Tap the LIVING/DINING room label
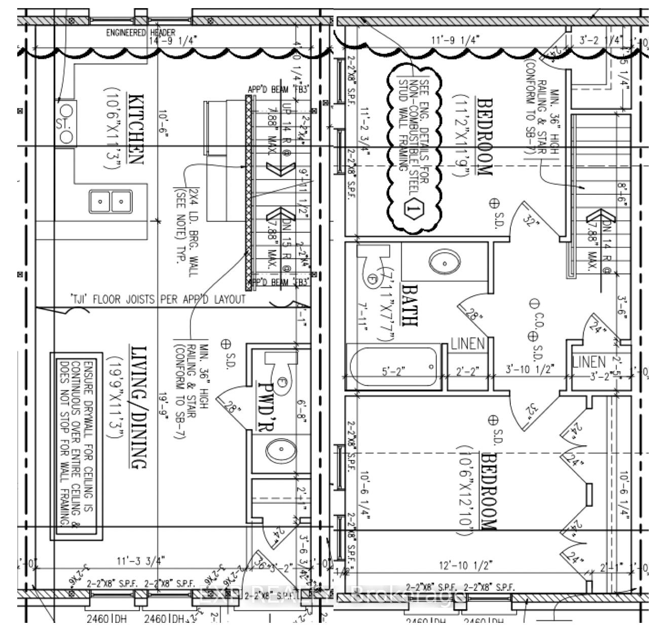(138, 407)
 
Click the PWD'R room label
(266, 406)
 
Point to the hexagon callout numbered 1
(414, 208)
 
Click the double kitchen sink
(110, 201)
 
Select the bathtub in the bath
(393, 367)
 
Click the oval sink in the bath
(445, 262)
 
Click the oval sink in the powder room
(278, 449)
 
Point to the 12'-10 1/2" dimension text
(466, 565)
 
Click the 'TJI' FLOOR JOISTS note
(158, 299)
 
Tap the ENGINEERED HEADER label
(140, 33)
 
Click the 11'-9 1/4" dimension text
(455, 39)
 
